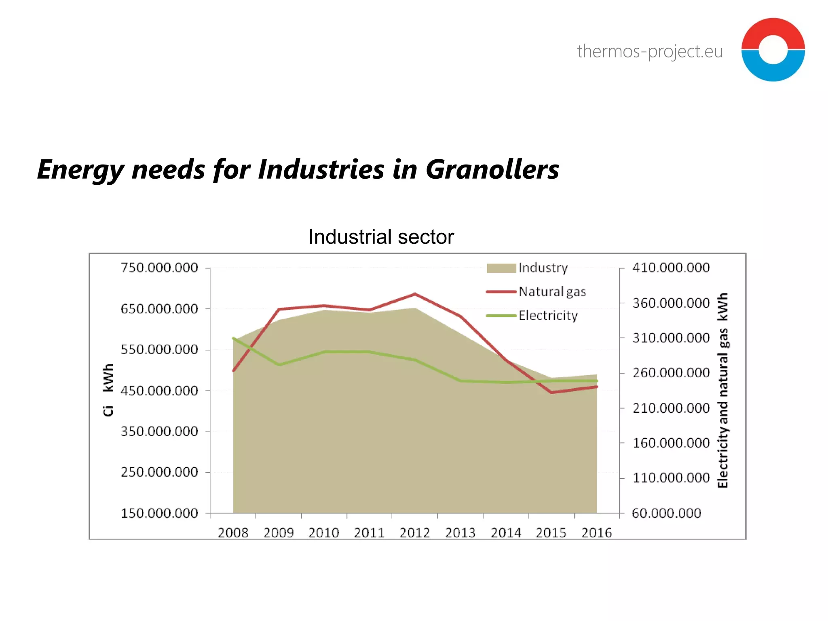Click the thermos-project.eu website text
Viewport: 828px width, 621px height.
click(650, 52)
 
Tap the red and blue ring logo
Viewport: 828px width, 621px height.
click(773, 50)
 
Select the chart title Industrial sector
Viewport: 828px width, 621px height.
click(381, 237)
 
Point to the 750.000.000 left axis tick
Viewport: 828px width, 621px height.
click(159, 268)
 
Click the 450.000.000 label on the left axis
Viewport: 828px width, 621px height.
click(159, 391)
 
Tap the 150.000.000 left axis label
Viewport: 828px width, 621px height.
click(159, 513)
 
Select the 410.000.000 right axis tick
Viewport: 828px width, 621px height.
click(671, 268)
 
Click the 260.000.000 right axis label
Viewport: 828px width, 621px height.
click(671, 373)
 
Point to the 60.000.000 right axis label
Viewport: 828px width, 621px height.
click(666, 513)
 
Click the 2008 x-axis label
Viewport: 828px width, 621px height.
click(233, 533)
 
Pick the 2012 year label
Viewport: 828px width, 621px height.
click(415, 533)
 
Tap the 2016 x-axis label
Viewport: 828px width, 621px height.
click(596, 533)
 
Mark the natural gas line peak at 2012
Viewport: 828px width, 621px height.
click(415, 294)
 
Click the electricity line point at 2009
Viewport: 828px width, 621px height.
click(279, 365)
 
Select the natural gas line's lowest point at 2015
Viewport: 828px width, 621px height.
click(551, 392)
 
